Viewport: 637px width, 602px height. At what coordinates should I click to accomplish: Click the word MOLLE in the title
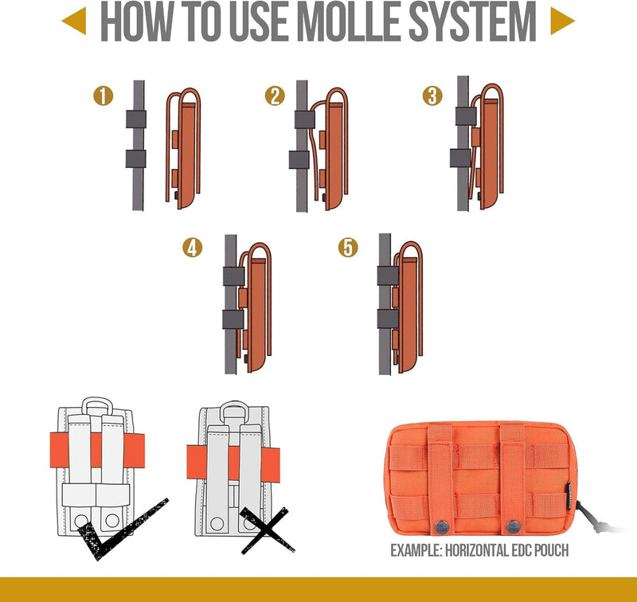[350, 21]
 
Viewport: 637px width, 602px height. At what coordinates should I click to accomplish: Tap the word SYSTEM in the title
[472, 21]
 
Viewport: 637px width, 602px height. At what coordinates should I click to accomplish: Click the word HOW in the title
[136, 21]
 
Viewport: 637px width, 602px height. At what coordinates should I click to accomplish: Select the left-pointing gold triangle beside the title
[74, 21]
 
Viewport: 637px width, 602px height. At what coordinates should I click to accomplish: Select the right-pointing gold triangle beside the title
[563, 21]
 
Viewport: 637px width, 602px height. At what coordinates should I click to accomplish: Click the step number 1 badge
[104, 96]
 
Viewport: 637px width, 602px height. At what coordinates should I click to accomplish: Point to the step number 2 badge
[275, 96]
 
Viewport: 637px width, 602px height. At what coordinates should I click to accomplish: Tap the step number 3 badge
[432, 96]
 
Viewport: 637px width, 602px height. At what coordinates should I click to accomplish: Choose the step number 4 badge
[192, 248]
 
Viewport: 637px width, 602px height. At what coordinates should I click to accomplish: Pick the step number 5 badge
[348, 248]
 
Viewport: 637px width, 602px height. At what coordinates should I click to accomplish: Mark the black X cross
[268, 530]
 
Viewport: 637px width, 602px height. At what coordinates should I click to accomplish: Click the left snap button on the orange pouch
[443, 527]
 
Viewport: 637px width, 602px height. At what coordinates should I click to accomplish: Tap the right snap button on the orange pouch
[514, 527]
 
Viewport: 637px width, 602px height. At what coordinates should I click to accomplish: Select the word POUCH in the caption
[551, 550]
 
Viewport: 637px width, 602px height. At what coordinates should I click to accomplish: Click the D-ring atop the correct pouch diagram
[97, 406]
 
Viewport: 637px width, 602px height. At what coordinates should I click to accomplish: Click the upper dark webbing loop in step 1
[135, 119]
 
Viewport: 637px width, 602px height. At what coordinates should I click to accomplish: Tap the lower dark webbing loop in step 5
[388, 319]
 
